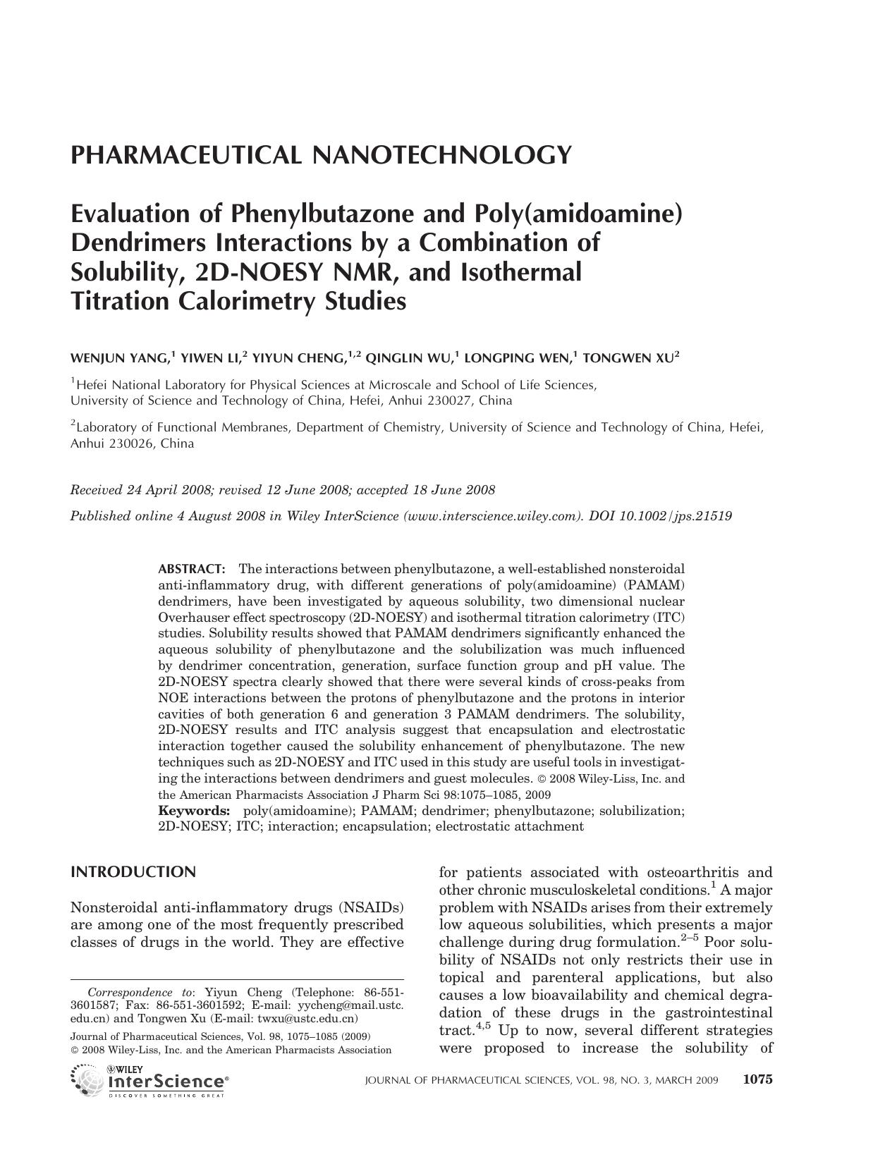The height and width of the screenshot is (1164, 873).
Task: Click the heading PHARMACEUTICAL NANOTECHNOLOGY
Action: tap(320, 154)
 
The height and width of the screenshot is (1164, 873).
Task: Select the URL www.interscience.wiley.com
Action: tap(491, 516)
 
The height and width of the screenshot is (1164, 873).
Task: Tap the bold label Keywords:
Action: tap(194, 811)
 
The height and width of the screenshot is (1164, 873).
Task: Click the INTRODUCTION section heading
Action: tap(133, 872)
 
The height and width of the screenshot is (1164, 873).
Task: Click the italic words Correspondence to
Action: tap(140, 992)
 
